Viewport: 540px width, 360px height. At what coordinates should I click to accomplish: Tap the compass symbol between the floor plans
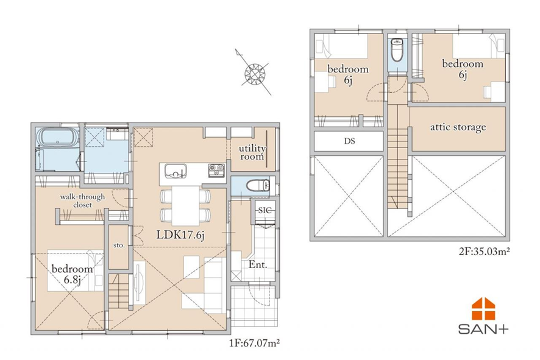pos(254,72)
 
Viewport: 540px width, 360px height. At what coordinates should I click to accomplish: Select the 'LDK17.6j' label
pos(180,235)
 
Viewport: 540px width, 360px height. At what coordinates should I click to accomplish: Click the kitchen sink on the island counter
pos(176,171)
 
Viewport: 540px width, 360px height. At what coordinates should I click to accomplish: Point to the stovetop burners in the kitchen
pos(216,171)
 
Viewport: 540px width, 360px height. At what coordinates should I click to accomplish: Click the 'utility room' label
pos(252,152)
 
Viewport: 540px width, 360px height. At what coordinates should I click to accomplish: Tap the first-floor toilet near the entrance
pos(259,186)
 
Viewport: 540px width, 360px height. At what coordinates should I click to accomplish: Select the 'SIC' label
pos(265,210)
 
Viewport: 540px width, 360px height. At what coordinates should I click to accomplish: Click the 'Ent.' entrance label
pos(258,264)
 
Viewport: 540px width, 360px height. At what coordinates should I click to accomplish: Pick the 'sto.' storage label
pos(119,245)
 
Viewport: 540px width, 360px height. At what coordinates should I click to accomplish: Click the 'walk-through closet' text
pos(82,200)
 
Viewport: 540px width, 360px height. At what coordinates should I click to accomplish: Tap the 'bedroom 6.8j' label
pos(73,274)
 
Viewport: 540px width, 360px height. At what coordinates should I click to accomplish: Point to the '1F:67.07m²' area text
pos(254,343)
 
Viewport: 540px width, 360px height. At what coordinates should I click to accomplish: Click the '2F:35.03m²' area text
pos(484,251)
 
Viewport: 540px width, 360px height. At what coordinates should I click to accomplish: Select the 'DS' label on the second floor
pos(349,141)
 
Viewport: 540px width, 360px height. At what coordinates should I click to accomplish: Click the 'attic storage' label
pos(458,127)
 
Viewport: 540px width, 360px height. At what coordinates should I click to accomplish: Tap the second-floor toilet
pos(397,50)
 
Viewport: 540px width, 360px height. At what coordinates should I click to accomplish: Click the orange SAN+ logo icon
pos(483,308)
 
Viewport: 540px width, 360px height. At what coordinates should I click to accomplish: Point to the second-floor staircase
pos(398,157)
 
